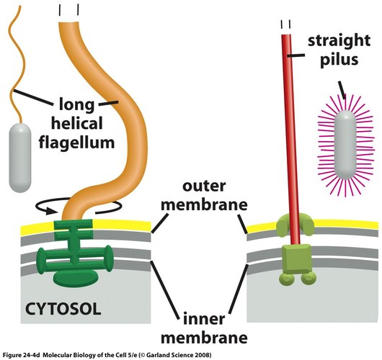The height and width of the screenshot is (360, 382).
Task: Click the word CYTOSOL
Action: [63, 309]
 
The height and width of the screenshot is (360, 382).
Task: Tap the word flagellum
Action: [76, 143]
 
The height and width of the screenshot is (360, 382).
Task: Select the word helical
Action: [76, 123]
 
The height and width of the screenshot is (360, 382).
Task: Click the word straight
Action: [339, 41]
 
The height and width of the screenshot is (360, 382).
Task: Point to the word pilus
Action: [339, 60]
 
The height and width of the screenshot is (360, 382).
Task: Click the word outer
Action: [204, 186]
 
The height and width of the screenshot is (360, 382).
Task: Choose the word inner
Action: [204, 319]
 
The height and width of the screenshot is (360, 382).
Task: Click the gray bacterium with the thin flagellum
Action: [20, 158]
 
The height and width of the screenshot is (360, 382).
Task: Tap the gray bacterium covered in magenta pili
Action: [345, 145]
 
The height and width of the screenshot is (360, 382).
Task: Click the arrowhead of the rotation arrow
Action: [53, 210]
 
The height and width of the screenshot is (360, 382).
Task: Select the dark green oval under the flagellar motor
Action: [76, 278]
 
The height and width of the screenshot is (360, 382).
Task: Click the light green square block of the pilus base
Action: [296, 259]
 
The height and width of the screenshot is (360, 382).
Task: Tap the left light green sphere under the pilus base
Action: [287, 279]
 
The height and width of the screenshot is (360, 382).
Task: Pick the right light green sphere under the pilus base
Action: [308, 279]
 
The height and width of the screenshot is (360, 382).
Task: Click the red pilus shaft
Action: [290, 139]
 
